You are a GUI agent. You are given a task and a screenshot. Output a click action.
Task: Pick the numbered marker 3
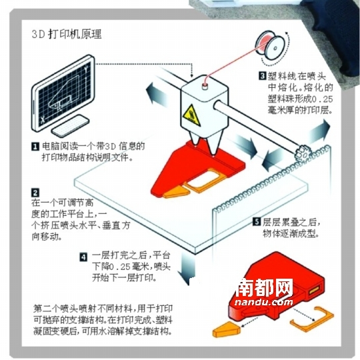263,76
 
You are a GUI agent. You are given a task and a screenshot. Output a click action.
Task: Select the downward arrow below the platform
192,270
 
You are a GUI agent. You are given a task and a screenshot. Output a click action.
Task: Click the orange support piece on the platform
175,191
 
